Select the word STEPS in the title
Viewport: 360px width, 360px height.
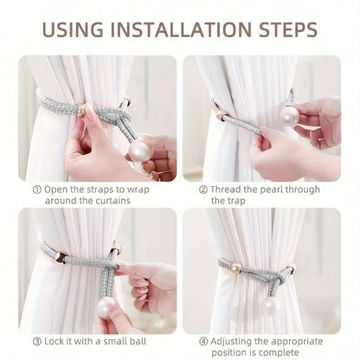point(282,31)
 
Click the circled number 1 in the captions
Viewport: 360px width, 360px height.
point(37,189)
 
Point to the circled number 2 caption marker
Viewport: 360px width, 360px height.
point(204,189)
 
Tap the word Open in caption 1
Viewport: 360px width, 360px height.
point(57,189)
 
